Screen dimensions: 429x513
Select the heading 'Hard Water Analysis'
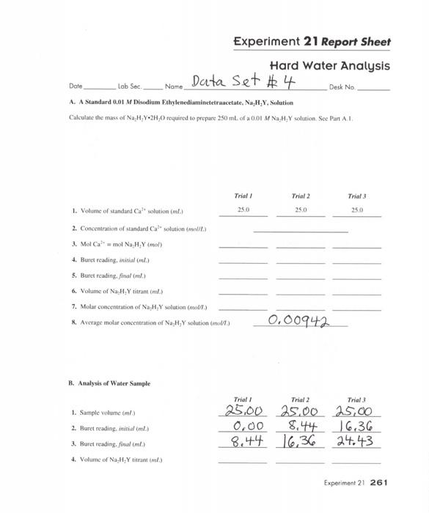point(330,66)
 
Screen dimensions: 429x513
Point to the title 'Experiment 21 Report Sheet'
point(312,42)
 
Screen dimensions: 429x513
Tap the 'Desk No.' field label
point(342,86)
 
